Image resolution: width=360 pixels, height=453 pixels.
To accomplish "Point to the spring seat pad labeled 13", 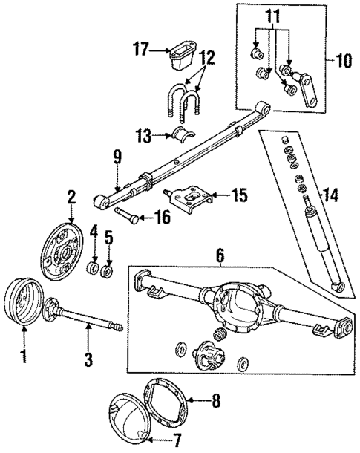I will [181, 137].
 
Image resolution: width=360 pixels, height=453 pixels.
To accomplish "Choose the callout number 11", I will [274, 14].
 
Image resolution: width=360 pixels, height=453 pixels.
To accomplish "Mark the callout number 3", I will [88, 360].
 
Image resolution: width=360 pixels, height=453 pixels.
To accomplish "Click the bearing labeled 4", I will [95, 268].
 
